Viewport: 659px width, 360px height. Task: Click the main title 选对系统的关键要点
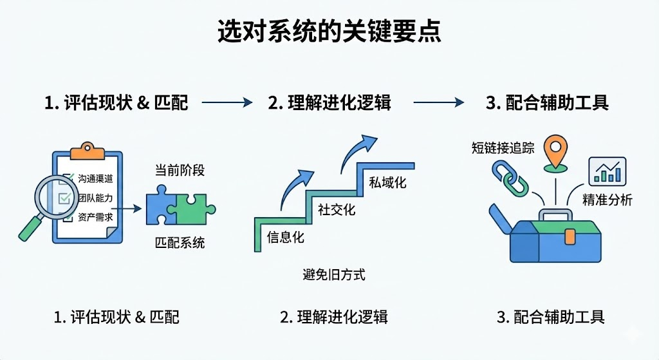tap(329, 31)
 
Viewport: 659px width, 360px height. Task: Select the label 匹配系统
tap(180, 243)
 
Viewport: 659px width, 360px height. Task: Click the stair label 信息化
tap(286, 236)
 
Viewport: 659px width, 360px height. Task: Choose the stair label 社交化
tap(337, 209)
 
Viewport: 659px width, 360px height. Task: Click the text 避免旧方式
tap(333, 275)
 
